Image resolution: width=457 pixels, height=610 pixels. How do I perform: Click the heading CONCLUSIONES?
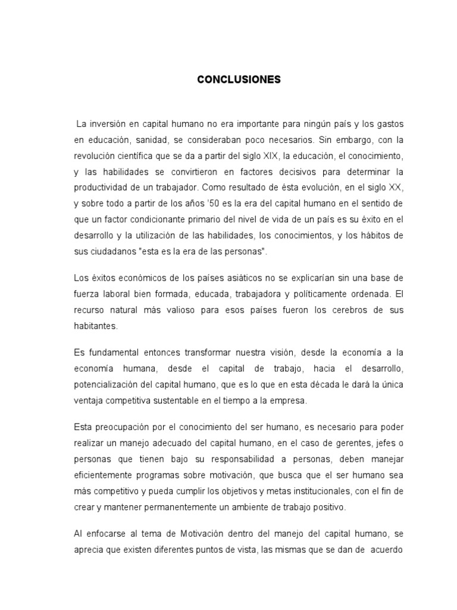[x=239, y=80]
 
